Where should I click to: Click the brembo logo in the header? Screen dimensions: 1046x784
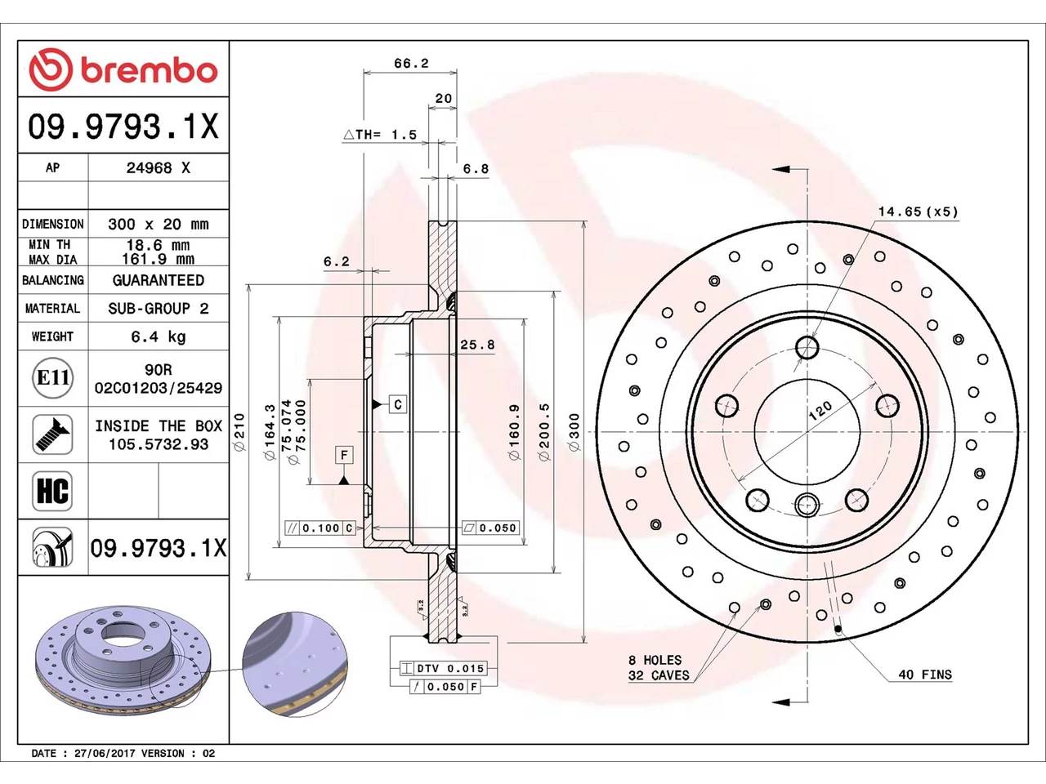[x=123, y=69]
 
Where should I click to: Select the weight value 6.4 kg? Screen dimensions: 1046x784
[x=159, y=336]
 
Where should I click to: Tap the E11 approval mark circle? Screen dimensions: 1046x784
[x=52, y=378]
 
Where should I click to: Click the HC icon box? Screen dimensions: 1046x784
[x=52, y=491]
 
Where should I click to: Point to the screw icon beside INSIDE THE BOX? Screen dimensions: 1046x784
[x=52, y=434]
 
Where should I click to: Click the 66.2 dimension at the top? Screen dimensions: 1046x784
[x=411, y=63]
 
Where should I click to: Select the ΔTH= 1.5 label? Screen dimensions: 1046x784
[x=380, y=135]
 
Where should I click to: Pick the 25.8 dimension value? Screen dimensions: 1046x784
[x=477, y=344]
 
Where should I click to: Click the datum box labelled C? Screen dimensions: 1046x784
[x=398, y=404]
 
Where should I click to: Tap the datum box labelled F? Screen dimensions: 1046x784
[x=344, y=455]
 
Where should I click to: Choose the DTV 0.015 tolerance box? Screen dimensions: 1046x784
[x=443, y=668]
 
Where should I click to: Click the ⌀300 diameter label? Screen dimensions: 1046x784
[x=574, y=432]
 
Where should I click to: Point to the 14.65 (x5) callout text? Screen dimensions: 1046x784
[x=918, y=212]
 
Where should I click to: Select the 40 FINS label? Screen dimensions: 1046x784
[x=924, y=675]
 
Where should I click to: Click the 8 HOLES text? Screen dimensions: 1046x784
[x=655, y=660]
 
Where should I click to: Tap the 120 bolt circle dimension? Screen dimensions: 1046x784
[x=820, y=410]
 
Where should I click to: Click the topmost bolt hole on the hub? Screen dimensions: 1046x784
[x=807, y=348]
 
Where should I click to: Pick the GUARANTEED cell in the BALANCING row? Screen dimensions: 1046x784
[x=159, y=280]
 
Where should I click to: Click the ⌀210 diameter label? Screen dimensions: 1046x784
[x=239, y=432]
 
